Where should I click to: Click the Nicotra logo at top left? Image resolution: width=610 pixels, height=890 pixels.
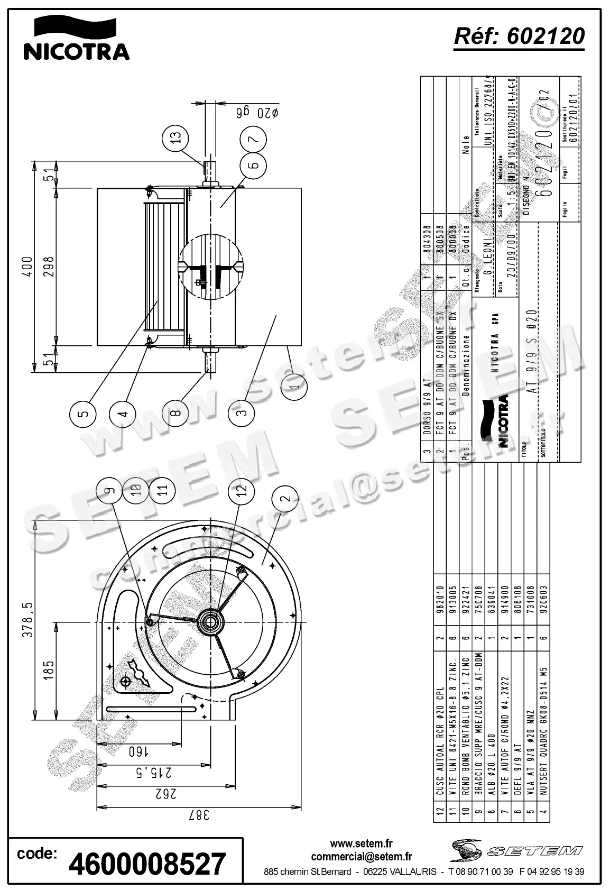tap(76, 38)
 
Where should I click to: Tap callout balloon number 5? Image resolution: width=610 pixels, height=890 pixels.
tap(83, 413)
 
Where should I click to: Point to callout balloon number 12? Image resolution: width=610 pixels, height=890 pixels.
tap(242, 491)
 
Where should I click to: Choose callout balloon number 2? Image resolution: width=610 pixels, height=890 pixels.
tap(286, 498)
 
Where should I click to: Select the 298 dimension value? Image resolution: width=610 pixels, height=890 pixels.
tap(50, 267)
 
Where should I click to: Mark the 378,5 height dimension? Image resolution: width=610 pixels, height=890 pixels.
tap(27, 620)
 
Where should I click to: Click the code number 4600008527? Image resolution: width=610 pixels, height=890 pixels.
tap(148, 864)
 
